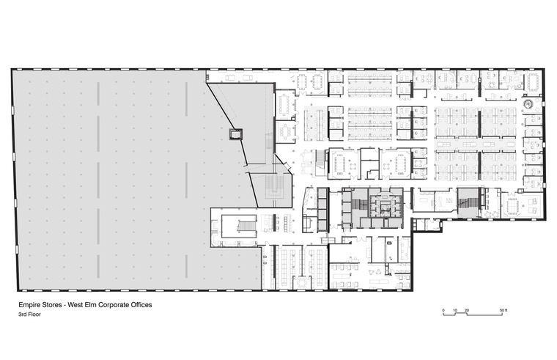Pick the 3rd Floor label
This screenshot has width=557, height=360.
[30, 315]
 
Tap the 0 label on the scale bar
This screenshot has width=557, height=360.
[443, 311]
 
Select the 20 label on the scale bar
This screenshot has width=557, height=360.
[467, 311]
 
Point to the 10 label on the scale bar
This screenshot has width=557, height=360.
[455, 311]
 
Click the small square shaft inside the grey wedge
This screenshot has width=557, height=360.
[235, 133]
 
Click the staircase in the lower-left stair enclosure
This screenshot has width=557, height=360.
[246, 223]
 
